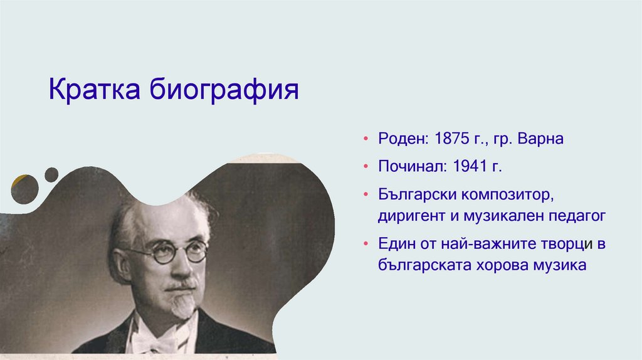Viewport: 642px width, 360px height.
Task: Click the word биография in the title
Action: click(224, 91)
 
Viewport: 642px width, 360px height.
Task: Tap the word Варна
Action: click(540, 139)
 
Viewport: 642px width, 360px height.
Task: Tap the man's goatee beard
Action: click(182, 304)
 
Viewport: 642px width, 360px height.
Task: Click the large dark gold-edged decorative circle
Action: click(24, 189)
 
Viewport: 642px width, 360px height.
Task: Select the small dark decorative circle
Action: click(51, 174)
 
